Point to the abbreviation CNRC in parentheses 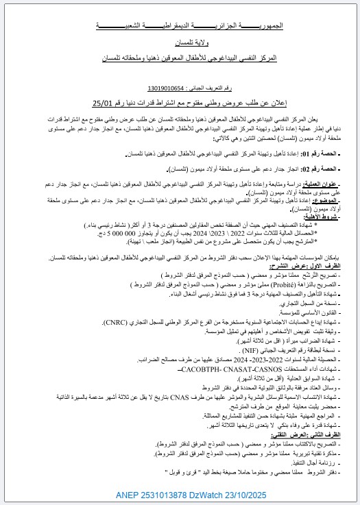tap(107, 320)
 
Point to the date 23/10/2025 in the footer tap(246, 493)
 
